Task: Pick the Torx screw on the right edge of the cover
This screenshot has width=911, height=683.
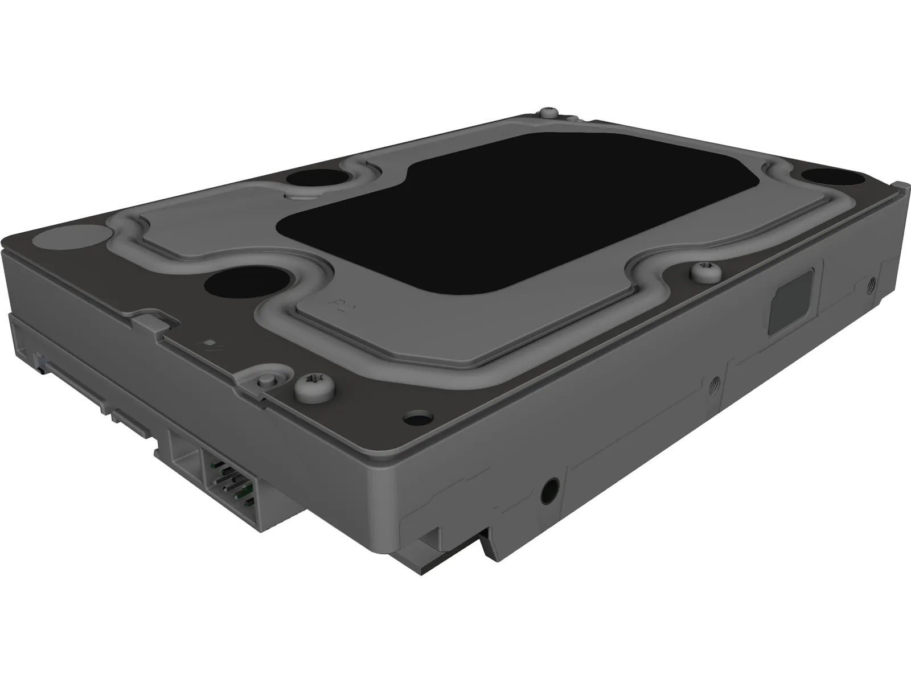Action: click(x=702, y=273)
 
